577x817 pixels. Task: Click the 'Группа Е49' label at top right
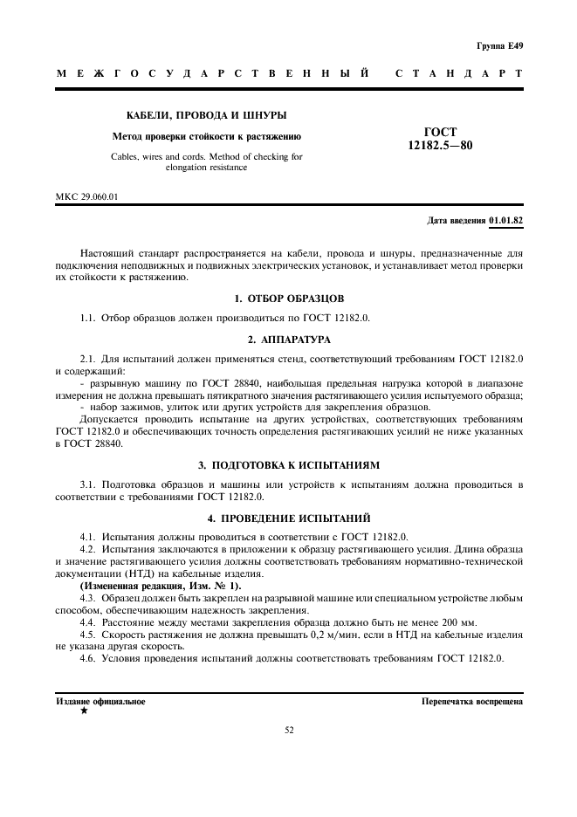tap(500, 45)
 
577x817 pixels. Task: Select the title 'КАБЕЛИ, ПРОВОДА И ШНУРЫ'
tap(207, 115)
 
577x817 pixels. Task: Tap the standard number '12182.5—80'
tap(440, 145)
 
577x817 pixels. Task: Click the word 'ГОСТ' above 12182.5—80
tap(440, 132)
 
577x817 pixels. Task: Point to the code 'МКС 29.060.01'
tap(87, 196)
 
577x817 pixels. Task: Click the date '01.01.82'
tap(506, 220)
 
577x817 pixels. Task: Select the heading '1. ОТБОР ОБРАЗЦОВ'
tap(289, 299)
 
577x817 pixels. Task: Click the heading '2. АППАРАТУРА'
tap(289, 338)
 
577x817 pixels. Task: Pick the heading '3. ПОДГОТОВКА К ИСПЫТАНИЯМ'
tap(289, 464)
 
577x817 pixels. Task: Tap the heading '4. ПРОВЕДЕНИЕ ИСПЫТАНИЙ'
tap(289, 517)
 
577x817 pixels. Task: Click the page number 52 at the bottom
tap(289, 731)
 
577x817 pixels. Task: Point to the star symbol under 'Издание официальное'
tap(84, 711)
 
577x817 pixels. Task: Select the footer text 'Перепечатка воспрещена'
tap(471, 701)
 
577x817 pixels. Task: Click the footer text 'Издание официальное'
tap(101, 701)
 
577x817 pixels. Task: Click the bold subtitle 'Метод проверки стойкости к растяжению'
tap(207, 136)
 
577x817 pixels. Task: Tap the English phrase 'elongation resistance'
tap(207, 168)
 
